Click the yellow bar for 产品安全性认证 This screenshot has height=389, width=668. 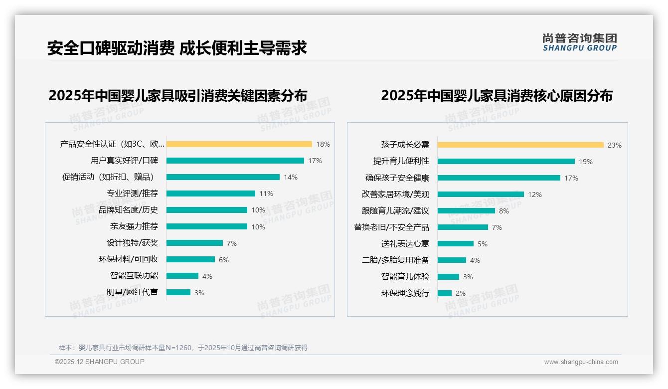click(239, 144)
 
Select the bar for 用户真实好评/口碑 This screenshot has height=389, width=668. click(235, 161)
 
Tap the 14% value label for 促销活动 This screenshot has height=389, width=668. click(291, 177)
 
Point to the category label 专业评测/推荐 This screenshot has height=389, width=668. click(132, 194)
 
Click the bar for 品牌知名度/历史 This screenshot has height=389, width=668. click(206, 210)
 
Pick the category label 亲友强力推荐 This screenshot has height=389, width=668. click(134, 226)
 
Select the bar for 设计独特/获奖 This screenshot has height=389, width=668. click(194, 243)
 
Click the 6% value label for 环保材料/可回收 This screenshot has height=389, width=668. click(224, 259)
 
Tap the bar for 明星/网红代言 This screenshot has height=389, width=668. click(178, 292)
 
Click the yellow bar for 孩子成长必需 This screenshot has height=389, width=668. click(520, 145)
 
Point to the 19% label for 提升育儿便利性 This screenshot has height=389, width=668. click(586, 162)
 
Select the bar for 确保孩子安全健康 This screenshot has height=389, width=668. click(499, 178)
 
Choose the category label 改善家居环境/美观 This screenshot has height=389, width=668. click(395, 194)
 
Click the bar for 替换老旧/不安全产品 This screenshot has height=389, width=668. click(463, 227)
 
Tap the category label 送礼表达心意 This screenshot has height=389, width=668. click(405, 244)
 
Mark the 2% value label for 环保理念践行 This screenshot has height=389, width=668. click(461, 293)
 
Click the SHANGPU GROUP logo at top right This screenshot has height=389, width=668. click(580, 42)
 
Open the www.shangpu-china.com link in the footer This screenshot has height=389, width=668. click(581, 362)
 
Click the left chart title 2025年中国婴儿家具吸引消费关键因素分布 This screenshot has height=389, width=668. click(177, 96)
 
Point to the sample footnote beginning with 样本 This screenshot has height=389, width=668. click(183, 348)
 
